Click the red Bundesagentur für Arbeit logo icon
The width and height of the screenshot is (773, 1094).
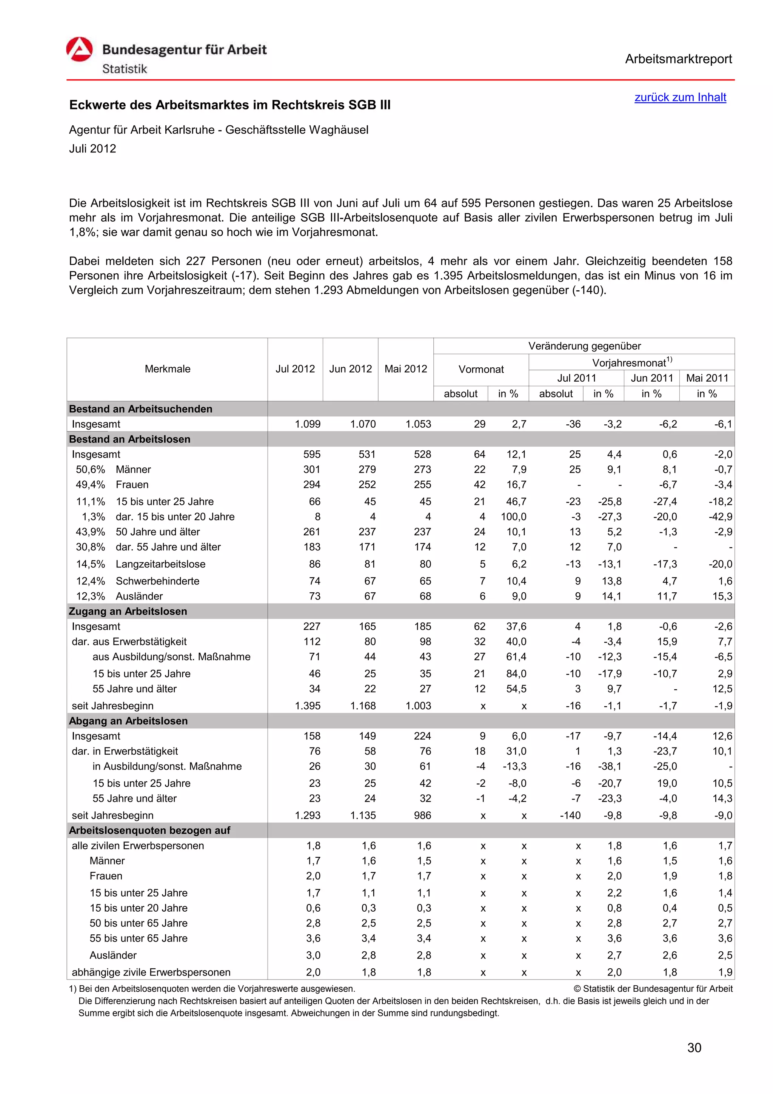point(80,49)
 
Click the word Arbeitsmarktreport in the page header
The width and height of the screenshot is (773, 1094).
point(678,59)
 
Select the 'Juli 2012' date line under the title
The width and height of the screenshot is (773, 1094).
point(92,149)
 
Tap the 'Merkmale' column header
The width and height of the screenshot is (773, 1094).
point(167,369)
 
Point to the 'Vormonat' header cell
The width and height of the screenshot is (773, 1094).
point(480,369)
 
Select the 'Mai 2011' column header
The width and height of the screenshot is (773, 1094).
point(707,378)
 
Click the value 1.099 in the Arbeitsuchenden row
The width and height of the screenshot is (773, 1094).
point(308,424)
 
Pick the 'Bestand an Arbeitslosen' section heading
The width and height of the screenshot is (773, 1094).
point(129,439)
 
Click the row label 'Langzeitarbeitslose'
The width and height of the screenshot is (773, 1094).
point(160,564)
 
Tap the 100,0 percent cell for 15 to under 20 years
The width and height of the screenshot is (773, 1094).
point(513,516)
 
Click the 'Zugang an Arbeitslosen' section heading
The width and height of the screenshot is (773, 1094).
point(128,611)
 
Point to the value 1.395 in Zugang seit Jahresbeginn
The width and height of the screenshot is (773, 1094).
point(308,706)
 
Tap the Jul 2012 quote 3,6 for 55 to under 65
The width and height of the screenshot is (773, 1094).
point(313,938)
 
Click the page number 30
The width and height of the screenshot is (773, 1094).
point(694,1048)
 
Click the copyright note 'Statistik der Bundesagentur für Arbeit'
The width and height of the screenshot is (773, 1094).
point(657,989)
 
